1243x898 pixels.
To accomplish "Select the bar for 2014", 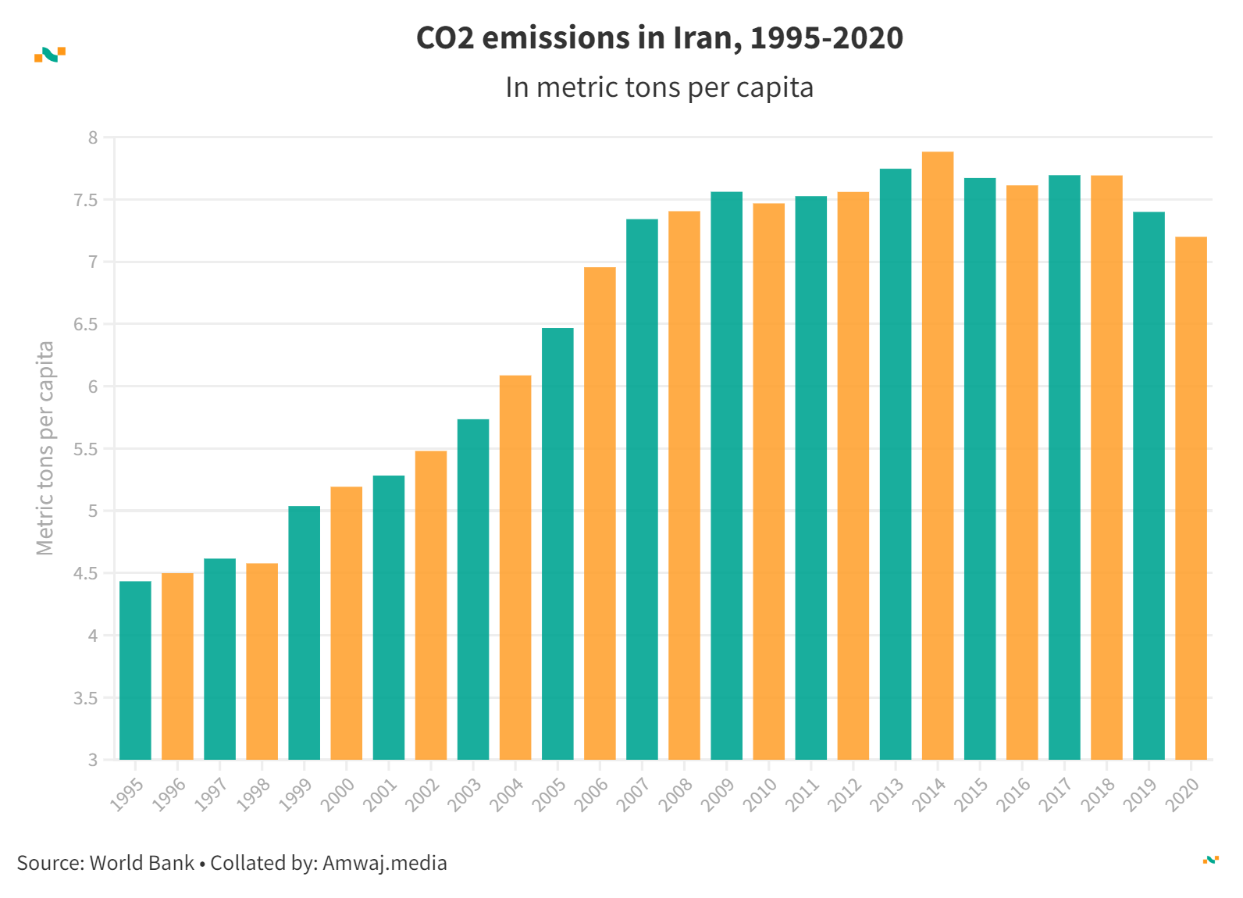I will coord(938,456).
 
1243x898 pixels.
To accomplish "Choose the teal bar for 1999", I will coord(304,633).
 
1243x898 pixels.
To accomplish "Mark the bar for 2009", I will coord(726,476).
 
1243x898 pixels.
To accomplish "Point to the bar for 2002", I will coord(431,605).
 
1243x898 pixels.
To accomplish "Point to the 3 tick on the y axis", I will coord(93,760).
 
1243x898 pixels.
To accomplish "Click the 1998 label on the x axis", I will coord(254,795).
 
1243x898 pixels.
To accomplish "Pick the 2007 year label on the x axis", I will coord(633,795).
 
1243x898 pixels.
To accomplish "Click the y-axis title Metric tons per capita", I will coord(45,448).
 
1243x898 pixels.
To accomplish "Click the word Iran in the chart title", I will coord(706,37).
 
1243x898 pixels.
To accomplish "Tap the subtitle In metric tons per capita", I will coord(659,87).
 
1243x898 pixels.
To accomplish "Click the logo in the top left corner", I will coord(50,55).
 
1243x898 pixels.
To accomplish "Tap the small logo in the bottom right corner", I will coord(1210,860).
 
